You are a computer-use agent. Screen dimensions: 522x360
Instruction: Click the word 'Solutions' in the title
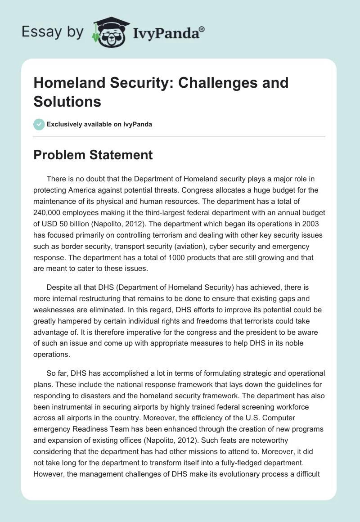coord(67,101)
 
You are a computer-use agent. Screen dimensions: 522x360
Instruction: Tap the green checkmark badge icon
coord(39,124)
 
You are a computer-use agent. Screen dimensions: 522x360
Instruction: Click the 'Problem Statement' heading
coord(93,155)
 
